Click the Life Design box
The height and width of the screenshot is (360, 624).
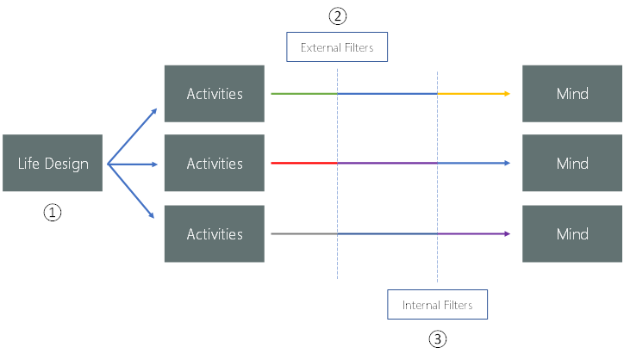(53, 163)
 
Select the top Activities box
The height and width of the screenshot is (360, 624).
(214, 93)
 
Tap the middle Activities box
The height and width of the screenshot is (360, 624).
(214, 163)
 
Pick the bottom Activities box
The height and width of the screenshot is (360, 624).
(214, 233)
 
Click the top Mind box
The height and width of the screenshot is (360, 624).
(571, 93)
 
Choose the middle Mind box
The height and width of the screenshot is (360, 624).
(571, 163)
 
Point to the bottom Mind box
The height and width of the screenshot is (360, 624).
(571, 233)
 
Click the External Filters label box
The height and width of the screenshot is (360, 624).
(337, 47)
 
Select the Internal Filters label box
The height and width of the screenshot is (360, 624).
(437, 305)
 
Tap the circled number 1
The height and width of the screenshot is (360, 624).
(53, 213)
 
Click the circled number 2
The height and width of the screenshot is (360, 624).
(337, 16)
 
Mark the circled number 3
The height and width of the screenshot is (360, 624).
(437, 338)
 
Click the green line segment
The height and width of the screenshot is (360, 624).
(303, 93)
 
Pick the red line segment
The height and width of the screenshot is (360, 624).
(303, 163)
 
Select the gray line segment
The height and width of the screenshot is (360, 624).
(303, 233)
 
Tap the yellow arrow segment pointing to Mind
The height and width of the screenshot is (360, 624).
(472, 93)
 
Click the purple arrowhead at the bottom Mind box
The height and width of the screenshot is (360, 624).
(507, 233)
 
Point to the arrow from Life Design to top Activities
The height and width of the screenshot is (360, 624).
(132, 136)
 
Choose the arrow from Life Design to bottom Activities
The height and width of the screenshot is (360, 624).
(132, 190)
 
